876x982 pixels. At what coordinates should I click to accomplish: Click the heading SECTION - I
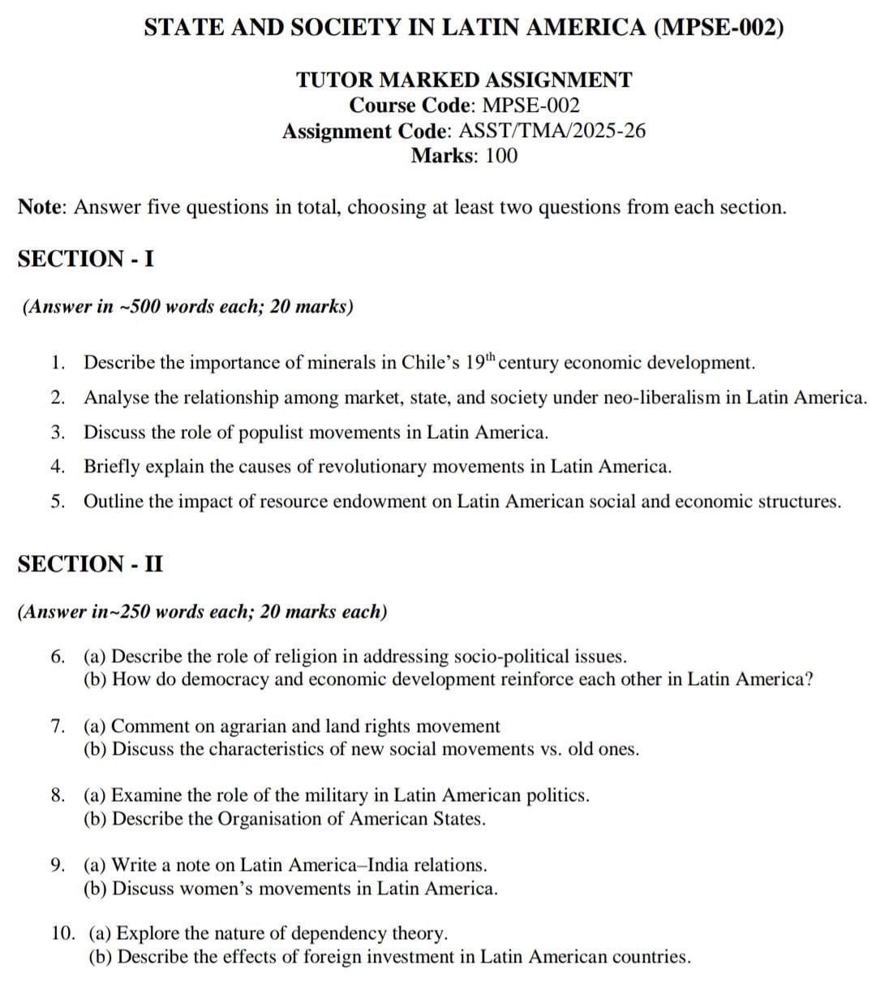pos(86,259)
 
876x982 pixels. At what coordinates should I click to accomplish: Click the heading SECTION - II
pos(90,564)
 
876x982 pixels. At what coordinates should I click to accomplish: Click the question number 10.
pos(62,934)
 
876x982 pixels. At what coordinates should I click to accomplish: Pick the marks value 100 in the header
pos(500,156)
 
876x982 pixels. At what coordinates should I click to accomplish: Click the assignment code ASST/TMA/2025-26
pos(552,131)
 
